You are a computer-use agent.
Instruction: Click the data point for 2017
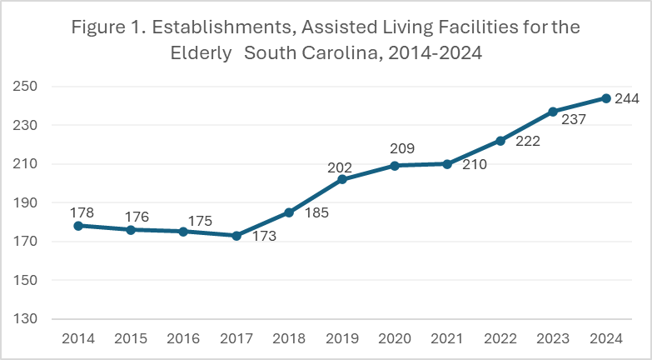[236, 236]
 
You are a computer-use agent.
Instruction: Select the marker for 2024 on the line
[606, 98]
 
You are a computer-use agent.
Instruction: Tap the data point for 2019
[341, 179]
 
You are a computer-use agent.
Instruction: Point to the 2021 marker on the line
[447, 164]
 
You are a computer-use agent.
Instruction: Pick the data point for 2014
[77, 226]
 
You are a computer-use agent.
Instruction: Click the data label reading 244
[626, 99]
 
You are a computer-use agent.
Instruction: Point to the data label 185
[316, 212]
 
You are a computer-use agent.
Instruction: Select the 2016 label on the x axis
[183, 338]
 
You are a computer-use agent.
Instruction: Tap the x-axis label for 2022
[500, 338]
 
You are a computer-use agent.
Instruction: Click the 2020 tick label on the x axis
[395, 338]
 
